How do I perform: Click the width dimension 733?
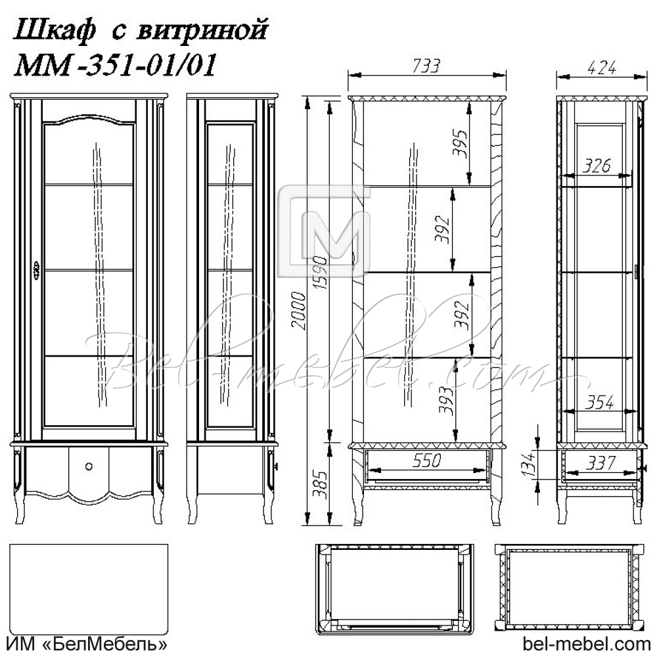426,66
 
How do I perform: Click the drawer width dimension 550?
426,461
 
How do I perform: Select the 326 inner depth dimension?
597,166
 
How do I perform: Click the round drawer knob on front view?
89,466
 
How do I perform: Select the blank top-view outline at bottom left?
89,585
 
